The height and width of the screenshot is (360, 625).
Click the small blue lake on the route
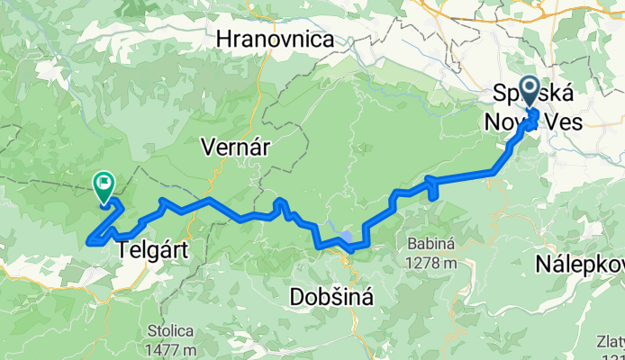point(344,239)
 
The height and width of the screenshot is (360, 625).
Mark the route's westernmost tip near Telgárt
point(88,241)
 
